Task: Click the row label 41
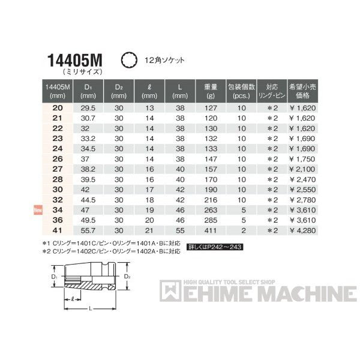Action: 58,230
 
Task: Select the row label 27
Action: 58,169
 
